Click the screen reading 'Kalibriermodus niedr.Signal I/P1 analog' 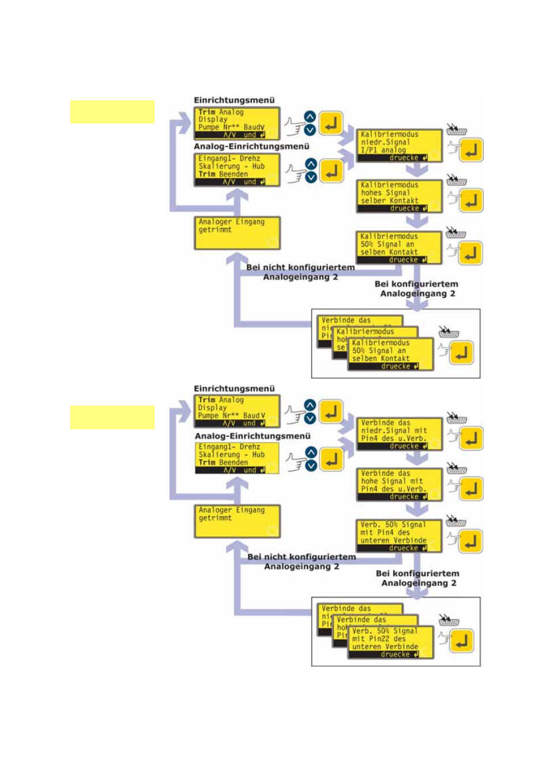coord(399,145)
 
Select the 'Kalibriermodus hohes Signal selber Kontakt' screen coord(399,196)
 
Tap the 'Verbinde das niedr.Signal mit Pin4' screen coord(399,433)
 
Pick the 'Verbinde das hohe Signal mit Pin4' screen coord(399,484)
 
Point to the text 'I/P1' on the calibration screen coord(369,150)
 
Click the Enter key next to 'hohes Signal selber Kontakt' coord(471,201)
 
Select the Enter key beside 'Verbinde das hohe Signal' coord(471,489)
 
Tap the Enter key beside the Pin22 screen coord(461,641)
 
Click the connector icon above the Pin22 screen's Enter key coord(449,621)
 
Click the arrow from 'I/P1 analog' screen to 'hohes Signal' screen coord(416,170)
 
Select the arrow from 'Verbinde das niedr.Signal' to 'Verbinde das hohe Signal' coord(416,458)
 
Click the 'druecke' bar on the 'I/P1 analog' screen coord(399,158)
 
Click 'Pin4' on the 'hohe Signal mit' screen coord(370,489)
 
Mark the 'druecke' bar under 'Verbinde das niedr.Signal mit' coord(399,446)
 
